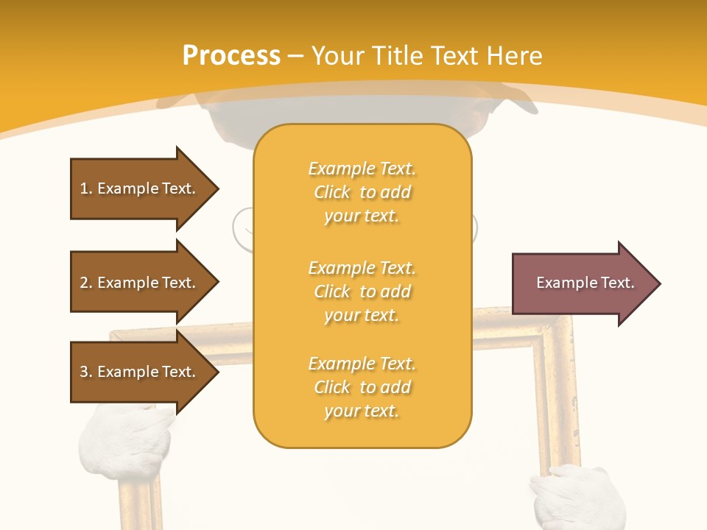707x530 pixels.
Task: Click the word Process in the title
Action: point(231,55)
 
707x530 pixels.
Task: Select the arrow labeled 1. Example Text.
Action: point(140,188)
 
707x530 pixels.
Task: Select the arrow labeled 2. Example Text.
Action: point(140,283)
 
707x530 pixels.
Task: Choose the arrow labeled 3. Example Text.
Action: point(140,372)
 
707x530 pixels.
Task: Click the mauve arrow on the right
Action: point(582,283)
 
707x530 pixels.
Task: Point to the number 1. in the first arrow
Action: point(86,188)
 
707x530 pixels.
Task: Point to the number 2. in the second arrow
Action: point(86,283)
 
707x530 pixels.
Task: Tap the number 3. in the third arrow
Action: point(86,372)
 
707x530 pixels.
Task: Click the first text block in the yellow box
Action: point(362,192)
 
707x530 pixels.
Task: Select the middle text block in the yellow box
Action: point(362,291)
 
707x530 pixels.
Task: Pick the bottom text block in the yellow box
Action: point(362,387)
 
